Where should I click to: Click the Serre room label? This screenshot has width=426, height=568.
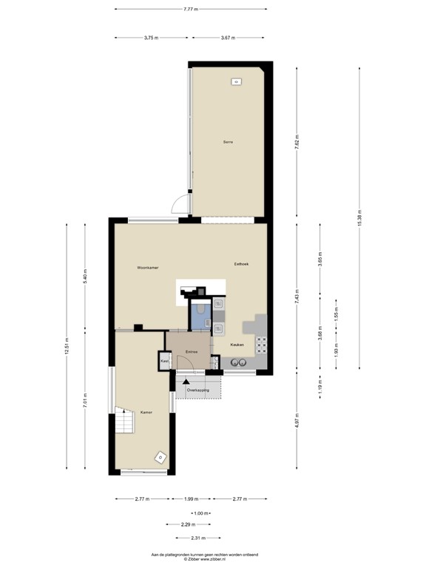click(x=229, y=142)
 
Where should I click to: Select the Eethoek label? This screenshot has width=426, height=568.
click(x=241, y=264)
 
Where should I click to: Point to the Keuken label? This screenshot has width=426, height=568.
click(x=237, y=345)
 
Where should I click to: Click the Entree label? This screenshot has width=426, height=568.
click(x=192, y=352)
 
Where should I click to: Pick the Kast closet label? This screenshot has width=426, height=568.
click(x=164, y=361)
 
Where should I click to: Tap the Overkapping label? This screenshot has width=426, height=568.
click(x=197, y=389)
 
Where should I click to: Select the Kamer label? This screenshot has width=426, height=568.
click(x=146, y=413)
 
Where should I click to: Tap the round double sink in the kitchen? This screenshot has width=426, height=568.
click(x=239, y=363)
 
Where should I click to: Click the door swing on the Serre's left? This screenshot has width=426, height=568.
click(x=179, y=206)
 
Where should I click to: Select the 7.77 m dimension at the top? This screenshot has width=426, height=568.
click(x=195, y=9)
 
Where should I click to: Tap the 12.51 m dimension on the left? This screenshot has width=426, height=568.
click(x=67, y=346)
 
